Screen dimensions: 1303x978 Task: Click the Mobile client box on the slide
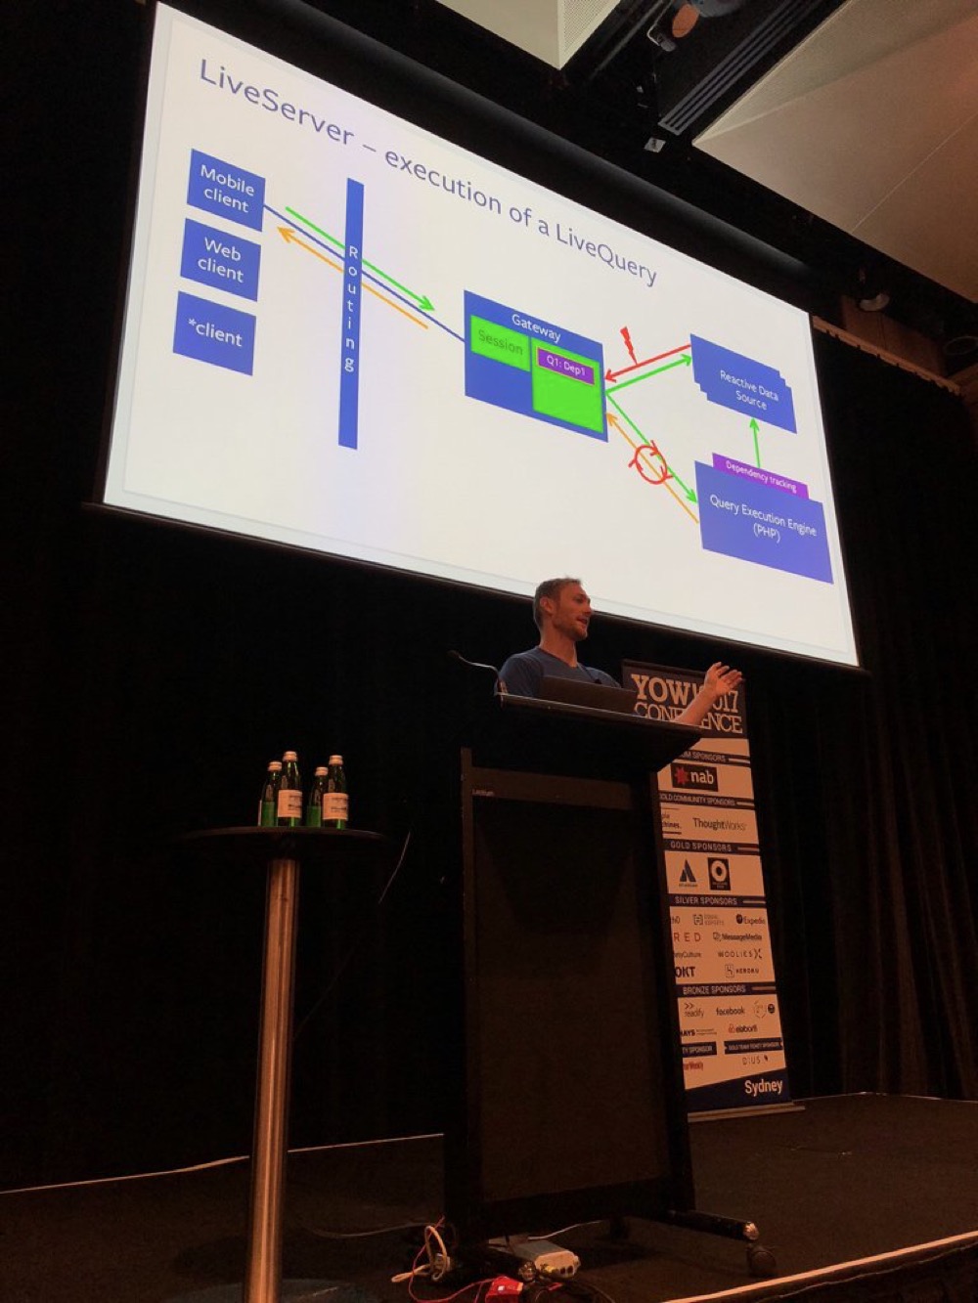pyautogui.click(x=226, y=189)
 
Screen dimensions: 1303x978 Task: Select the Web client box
pyautogui.click(x=220, y=259)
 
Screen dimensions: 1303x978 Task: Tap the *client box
pyautogui.click(x=214, y=333)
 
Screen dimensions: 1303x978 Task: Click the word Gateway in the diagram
pyautogui.click(x=535, y=326)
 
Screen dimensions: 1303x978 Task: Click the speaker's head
pyautogui.click(x=558, y=609)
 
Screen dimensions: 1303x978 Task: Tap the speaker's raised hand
pyautogui.click(x=724, y=679)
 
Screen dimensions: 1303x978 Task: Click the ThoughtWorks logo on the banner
pyautogui.click(x=719, y=825)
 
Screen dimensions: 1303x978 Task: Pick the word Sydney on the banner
pyautogui.click(x=763, y=1086)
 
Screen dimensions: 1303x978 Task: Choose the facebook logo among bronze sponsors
pyautogui.click(x=730, y=1011)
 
